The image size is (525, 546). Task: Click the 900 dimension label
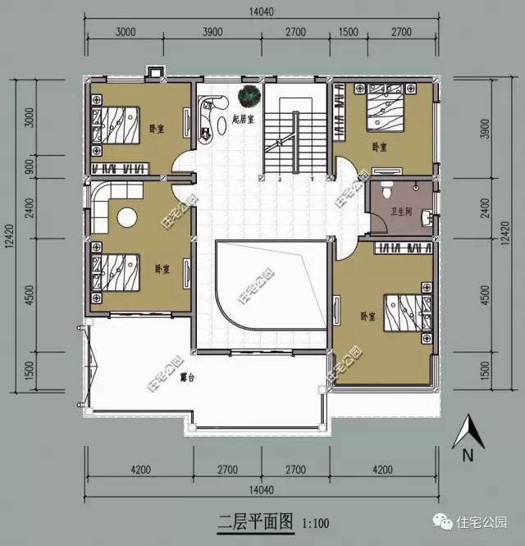[30, 166]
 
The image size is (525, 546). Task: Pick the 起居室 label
[244, 120]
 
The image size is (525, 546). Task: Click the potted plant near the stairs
[248, 97]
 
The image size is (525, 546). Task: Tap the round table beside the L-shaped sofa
[126, 218]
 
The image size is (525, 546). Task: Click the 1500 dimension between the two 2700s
[348, 32]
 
